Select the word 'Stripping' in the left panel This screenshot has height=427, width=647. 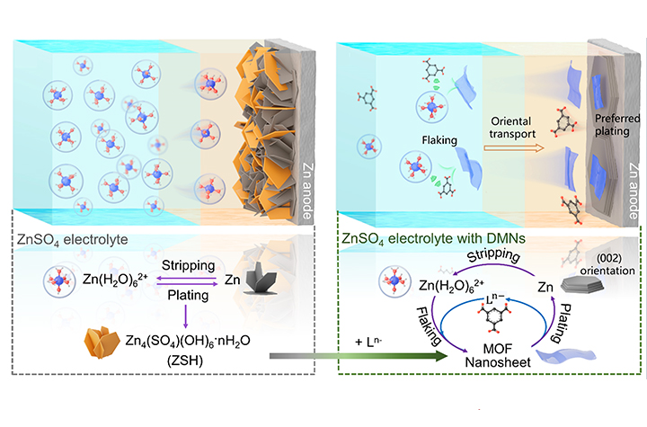187,266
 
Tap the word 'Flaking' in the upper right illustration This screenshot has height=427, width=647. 431,139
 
